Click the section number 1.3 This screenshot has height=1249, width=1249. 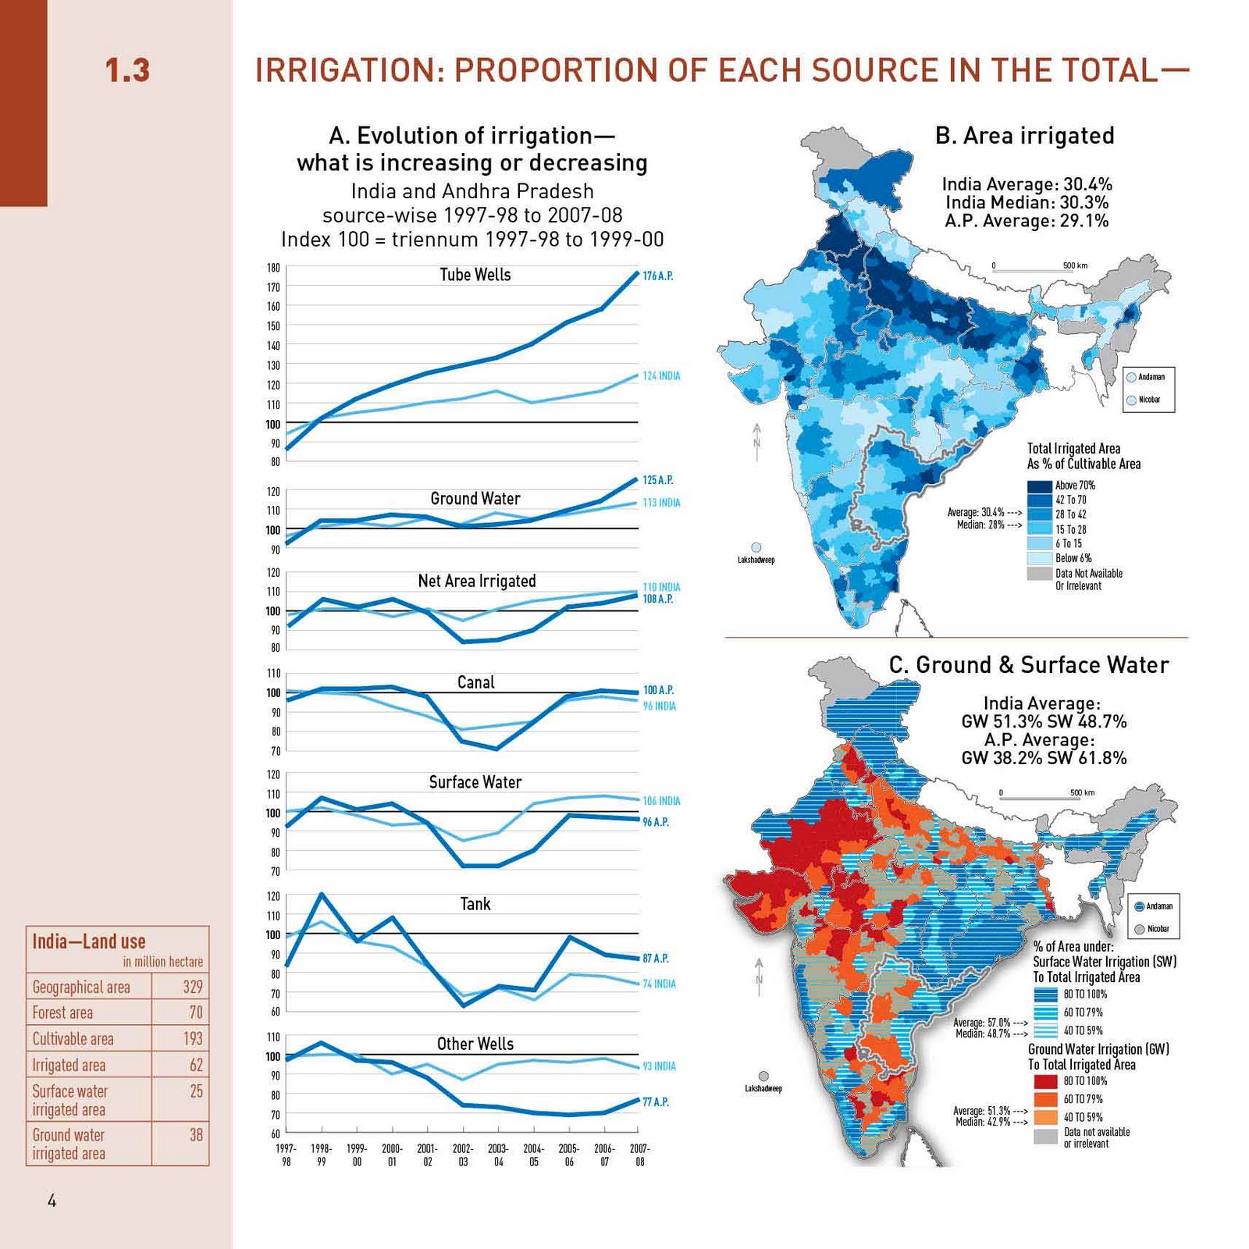tap(127, 70)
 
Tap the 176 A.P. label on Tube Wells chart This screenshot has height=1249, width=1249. tap(657, 276)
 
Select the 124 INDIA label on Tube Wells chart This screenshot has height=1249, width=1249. tap(661, 376)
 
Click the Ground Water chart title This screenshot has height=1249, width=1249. tap(475, 499)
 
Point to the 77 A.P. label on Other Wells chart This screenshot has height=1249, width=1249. tap(656, 1102)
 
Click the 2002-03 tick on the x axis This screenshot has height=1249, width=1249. tap(463, 1155)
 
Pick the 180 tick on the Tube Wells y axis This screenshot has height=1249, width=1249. tap(273, 268)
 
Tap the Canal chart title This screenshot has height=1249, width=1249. tap(475, 682)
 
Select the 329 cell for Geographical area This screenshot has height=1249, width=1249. tap(193, 987)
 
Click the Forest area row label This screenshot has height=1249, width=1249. tap(62, 1013)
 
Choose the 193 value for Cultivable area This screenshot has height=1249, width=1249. tap(193, 1039)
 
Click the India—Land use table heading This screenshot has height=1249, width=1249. tap(88, 941)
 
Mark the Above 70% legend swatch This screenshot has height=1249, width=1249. tap(1039, 486)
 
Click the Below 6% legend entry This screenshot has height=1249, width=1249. tap(1073, 558)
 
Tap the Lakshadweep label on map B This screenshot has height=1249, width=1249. tap(756, 560)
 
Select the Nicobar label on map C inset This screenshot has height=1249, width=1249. tap(1158, 929)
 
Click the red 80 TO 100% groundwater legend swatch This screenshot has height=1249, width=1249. tap(1045, 1081)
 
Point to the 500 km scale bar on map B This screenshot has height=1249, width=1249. tap(1034, 269)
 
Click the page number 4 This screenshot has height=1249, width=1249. tap(52, 1201)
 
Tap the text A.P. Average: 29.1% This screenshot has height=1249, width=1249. tap(1027, 221)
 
